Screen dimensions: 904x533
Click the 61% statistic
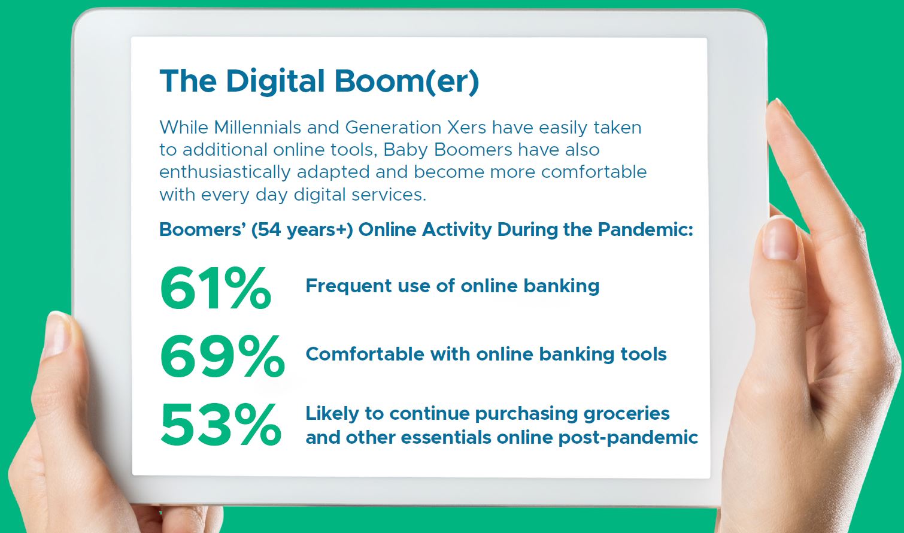(216, 288)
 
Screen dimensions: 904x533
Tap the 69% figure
(222, 356)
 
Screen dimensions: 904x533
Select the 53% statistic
(221, 425)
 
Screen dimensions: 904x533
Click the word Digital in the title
(275, 82)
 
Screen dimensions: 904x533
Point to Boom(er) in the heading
(407, 82)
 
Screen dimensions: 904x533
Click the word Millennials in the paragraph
(257, 128)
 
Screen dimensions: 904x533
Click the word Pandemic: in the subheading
(645, 230)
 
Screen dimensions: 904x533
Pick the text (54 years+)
(302, 230)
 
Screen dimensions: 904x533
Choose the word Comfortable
(365, 354)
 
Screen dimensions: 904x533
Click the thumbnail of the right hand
(780, 240)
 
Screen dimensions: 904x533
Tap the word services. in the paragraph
(389, 195)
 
